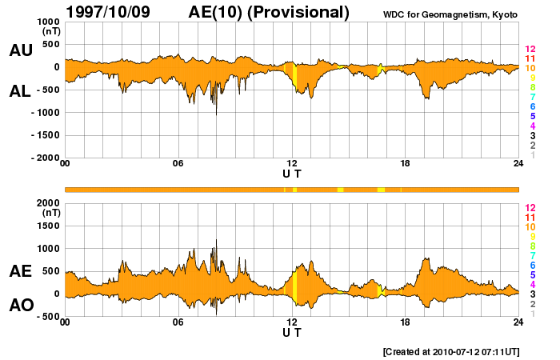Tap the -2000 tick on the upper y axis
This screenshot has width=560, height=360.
42,158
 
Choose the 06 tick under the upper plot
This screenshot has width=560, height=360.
178,164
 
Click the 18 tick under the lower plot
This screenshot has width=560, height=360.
406,322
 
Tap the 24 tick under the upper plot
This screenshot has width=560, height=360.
518,164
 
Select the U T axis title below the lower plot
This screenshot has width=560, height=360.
292,333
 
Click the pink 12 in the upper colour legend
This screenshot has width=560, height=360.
530,49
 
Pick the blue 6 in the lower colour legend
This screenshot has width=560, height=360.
532,265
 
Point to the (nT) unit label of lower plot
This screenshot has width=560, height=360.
48,214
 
